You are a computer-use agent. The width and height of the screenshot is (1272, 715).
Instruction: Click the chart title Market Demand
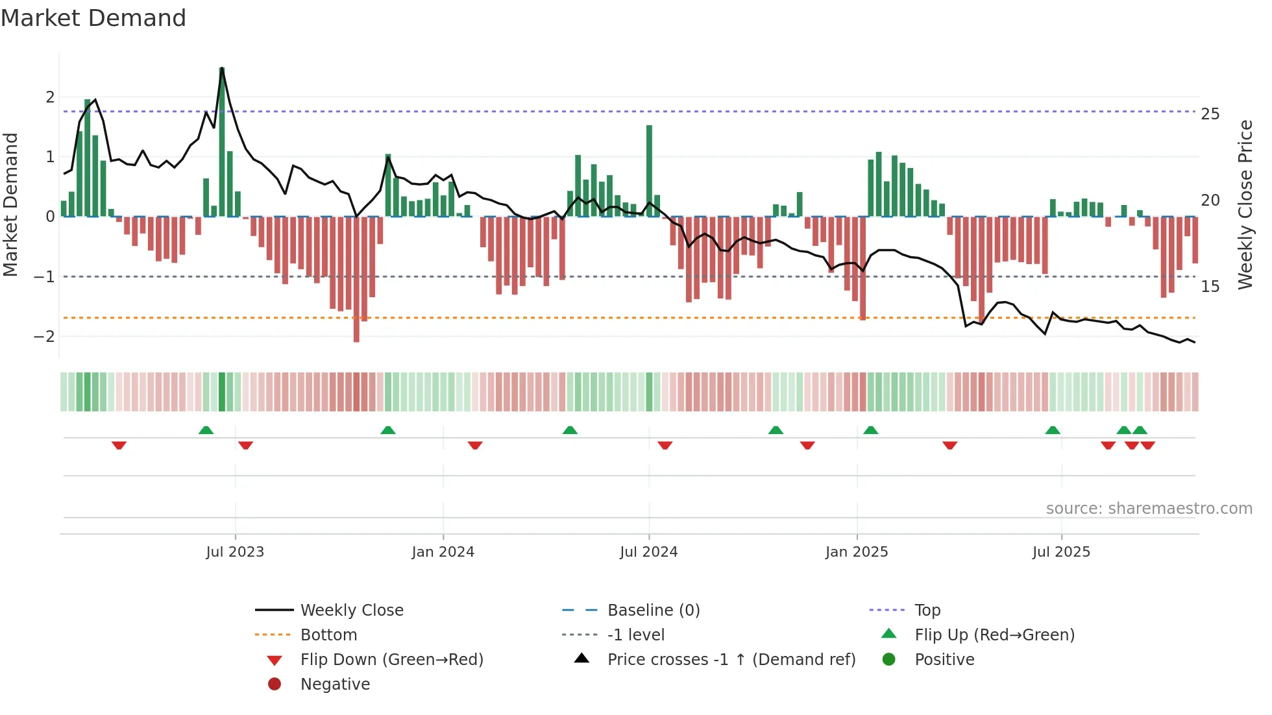(93, 18)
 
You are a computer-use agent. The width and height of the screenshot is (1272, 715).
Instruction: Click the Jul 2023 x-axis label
(235, 552)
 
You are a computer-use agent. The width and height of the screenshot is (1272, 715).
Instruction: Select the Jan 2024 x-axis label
(443, 552)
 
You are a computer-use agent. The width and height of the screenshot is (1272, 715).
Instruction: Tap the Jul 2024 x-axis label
(648, 552)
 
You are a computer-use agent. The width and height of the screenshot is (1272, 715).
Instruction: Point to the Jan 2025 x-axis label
(857, 552)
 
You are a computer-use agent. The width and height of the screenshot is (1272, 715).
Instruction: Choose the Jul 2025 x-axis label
(1061, 552)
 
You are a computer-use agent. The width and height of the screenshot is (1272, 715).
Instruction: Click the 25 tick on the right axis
(1210, 114)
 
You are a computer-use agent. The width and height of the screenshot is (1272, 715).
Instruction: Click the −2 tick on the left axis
(44, 336)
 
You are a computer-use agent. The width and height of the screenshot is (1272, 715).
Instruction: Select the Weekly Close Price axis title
(1245, 204)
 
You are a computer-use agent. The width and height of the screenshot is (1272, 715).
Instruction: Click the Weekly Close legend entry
(351, 610)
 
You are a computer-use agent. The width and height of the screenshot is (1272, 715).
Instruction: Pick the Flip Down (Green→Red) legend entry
(391, 659)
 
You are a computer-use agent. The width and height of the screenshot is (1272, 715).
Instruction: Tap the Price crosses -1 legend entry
(731, 659)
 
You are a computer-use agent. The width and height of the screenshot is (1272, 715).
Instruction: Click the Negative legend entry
(335, 684)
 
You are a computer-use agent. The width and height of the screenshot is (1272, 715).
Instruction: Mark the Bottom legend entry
(328, 635)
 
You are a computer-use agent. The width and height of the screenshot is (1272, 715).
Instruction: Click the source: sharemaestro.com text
(1149, 508)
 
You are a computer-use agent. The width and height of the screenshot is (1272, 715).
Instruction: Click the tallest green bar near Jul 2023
(222, 143)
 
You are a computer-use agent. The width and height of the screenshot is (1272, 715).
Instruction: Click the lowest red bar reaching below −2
(356, 279)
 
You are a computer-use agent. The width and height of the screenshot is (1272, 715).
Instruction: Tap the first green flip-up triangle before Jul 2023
(206, 430)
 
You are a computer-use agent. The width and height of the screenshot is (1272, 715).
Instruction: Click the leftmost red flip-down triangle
(119, 445)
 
